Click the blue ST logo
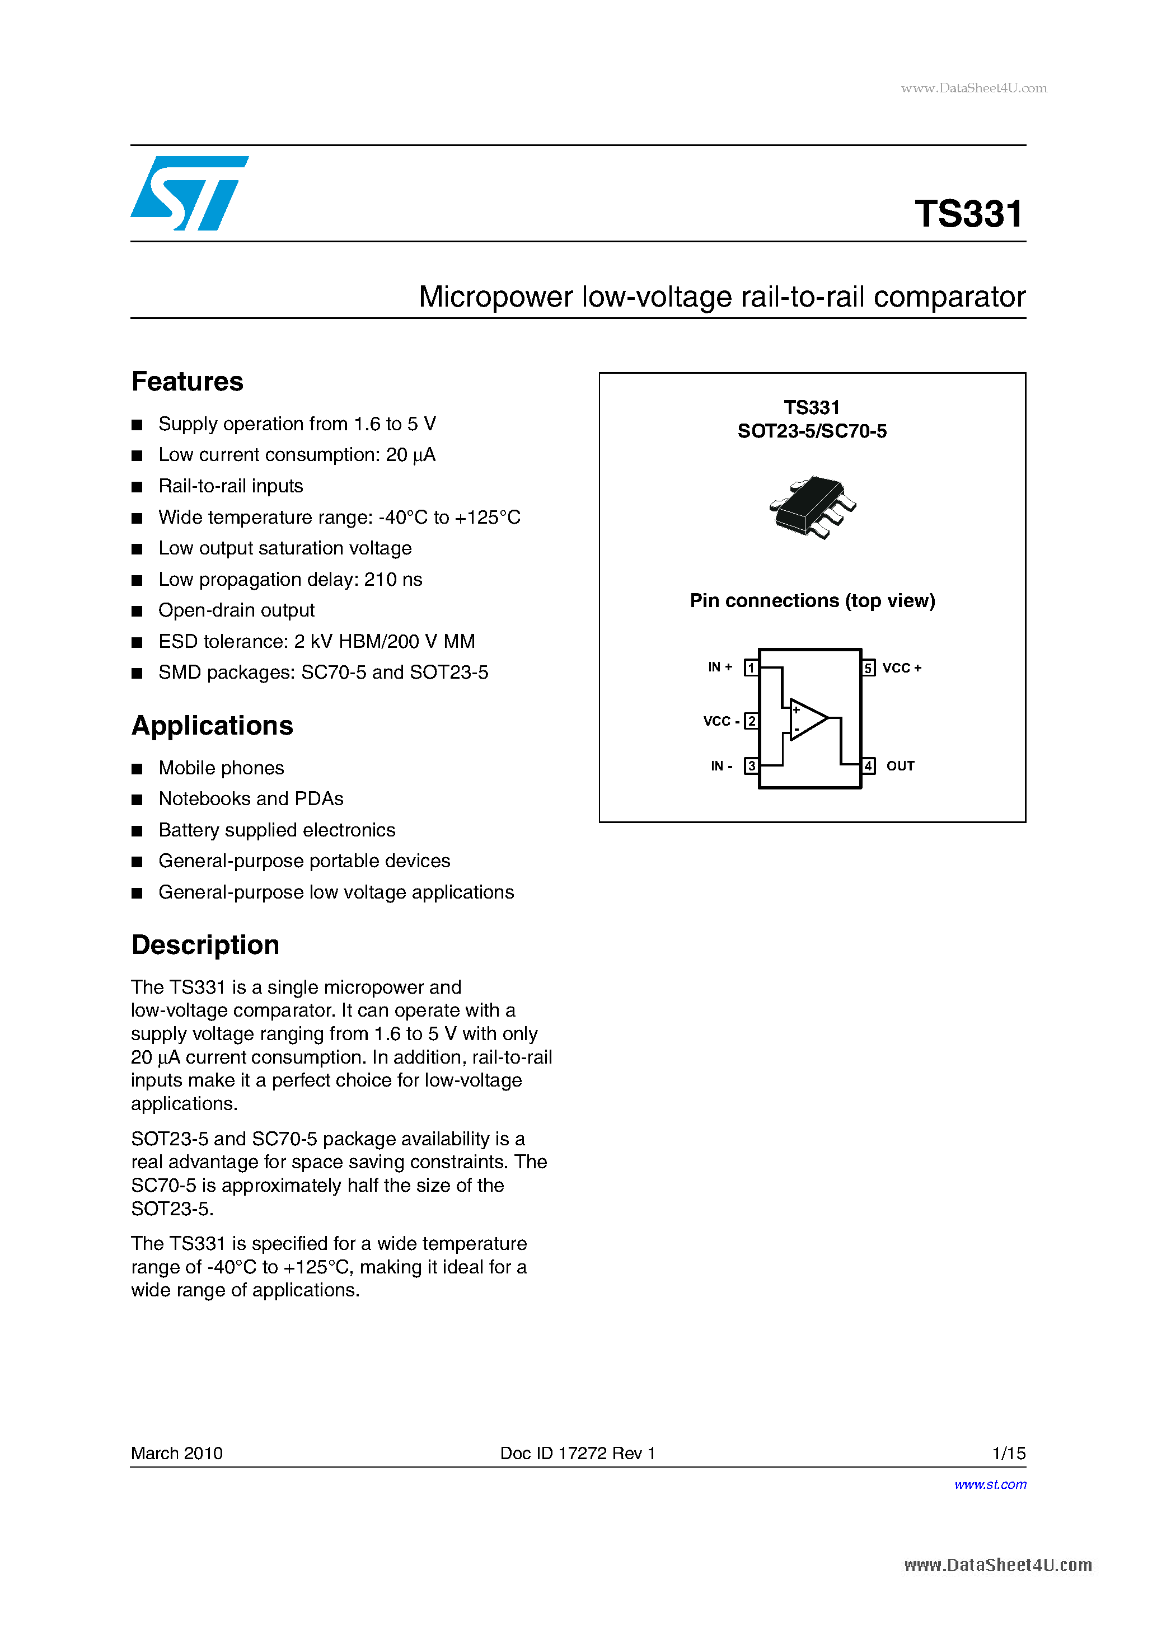tap(188, 193)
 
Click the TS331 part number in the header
tap(969, 214)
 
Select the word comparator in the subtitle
tap(949, 297)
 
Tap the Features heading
tap(188, 381)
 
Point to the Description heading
tap(205, 945)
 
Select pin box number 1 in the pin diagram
tap(751, 667)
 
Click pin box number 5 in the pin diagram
tap(868, 667)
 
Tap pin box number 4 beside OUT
tap(868, 766)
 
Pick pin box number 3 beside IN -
tap(751, 766)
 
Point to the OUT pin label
tap(900, 766)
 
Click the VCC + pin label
tap(901, 667)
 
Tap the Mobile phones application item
tap(221, 768)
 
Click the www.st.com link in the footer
tap(990, 1484)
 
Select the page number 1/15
tap(1008, 1453)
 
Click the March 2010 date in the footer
tap(177, 1453)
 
